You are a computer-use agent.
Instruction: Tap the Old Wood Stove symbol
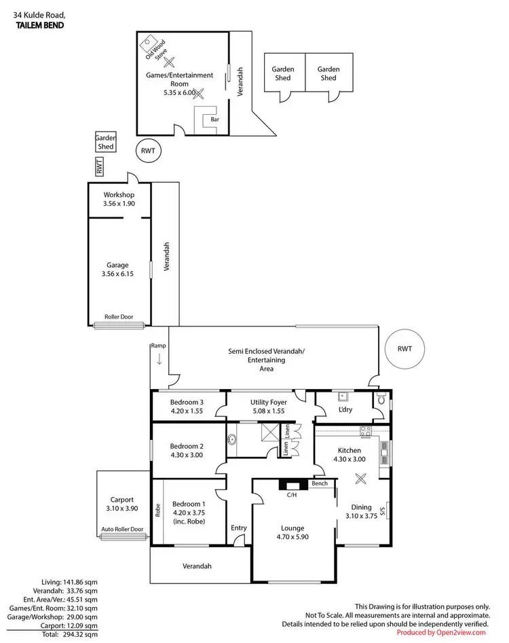click(x=147, y=45)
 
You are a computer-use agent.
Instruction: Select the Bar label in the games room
click(x=214, y=119)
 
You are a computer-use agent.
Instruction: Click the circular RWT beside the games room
click(x=149, y=152)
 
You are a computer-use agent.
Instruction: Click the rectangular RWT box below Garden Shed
click(x=98, y=167)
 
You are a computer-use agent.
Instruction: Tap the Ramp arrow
click(x=159, y=359)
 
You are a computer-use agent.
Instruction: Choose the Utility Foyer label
click(x=269, y=402)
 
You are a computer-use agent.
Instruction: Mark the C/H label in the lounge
click(x=292, y=495)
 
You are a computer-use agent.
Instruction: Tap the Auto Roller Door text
click(x=122, y=529)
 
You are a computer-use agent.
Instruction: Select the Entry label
click(x=238, y=528)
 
